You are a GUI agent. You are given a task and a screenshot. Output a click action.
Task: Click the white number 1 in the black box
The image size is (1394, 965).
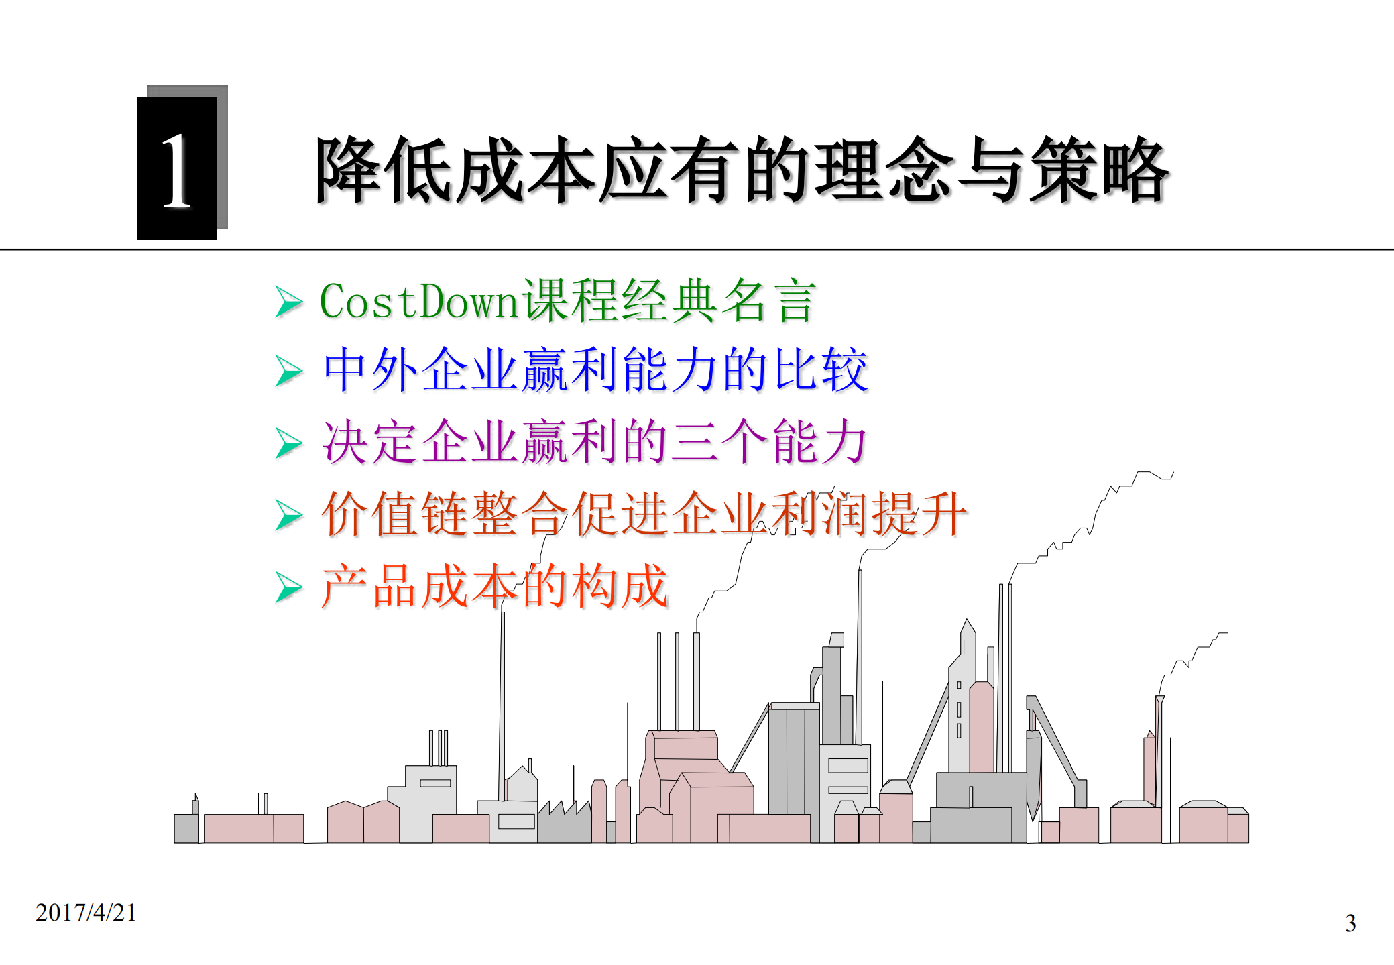(x=177, y=170)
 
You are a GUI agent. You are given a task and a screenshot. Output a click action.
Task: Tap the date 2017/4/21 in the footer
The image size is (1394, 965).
(x=86, y=913)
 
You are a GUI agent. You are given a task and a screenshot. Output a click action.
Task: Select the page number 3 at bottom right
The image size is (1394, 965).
(x=1350, y=923)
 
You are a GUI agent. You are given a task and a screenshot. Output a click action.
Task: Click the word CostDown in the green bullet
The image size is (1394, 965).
(x=420, y=301)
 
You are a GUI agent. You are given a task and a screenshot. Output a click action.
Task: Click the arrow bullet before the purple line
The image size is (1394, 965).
(x=289, y=443)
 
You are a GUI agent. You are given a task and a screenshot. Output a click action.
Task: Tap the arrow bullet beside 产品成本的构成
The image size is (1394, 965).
(x=289, y=587)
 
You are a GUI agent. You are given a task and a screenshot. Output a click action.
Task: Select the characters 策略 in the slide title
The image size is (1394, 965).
(x=1100, y=170)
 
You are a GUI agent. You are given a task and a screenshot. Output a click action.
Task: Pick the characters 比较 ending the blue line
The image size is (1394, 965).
(x=821, y=370)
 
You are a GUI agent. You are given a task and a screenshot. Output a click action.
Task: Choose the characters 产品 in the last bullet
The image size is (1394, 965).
(x=370, y=586)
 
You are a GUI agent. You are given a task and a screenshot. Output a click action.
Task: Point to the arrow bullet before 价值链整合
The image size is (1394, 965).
(x=289, y=515)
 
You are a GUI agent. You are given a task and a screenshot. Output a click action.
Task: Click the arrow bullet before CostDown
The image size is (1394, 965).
(x=289, y=302)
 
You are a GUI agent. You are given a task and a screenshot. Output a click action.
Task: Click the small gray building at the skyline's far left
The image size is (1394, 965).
(x=186, y=828)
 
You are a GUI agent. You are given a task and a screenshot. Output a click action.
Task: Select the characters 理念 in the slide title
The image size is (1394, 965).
(x=883, y=170)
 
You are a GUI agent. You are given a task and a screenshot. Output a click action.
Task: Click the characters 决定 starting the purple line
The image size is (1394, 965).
(x=370, y=442)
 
